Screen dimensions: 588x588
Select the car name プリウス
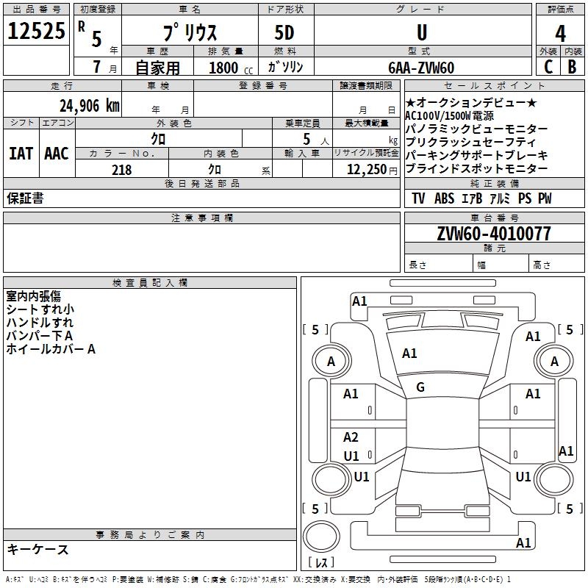(189, 33)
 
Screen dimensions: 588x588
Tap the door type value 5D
(284, 33)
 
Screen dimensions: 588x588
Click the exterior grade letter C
(548, 67)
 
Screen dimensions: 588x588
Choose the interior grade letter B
(572, 67)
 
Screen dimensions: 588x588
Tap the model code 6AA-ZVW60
(421, 68)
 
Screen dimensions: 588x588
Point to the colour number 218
(121, 169)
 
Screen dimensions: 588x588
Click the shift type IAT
(21, 154)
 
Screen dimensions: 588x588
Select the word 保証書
(25, 198)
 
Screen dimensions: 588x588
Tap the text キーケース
(37, 550)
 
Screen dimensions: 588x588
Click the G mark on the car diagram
(420, 387)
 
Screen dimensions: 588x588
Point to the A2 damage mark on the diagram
(351, 437)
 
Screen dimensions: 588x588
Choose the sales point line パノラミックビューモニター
(476, 129)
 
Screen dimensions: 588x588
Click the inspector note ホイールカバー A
(51, 349)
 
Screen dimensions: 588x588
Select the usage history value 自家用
(157, 68)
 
